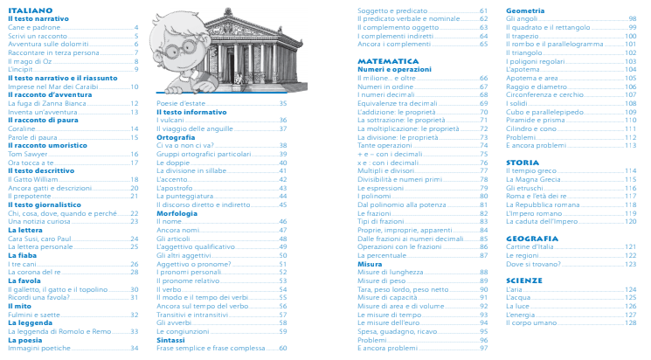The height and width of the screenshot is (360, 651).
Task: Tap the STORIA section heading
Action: tap(522, 162)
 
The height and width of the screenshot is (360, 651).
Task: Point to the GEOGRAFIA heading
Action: tap(531, 238)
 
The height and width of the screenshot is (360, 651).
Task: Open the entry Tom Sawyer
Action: tap(27, 154)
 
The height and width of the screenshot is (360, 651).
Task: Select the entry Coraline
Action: tap(24, 128)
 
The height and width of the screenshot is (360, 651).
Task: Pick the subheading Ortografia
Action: tap(176, 137)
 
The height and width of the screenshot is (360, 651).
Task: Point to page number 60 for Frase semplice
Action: tap(283, 348)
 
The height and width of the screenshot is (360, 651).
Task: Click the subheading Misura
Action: tap(370, 263)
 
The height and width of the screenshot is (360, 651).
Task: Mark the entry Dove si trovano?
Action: tap(532, 263)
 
